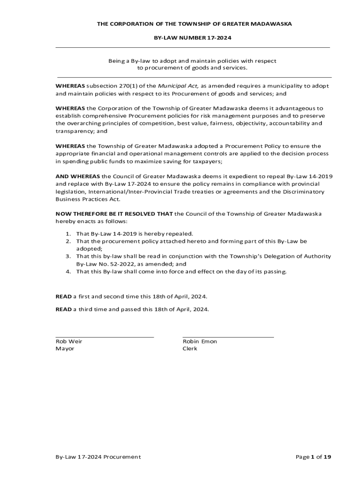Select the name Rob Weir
point(69,341)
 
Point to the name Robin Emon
point(200,341)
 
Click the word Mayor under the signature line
point(65,348)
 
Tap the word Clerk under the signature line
point(190,348)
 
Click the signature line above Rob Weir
point(105,337)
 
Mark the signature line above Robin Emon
point(228,337)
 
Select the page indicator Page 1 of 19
point(313,457)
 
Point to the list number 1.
point(68,233)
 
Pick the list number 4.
point(68,271)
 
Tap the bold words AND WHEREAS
point(78,176)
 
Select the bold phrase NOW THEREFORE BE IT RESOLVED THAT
point(114,214)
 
